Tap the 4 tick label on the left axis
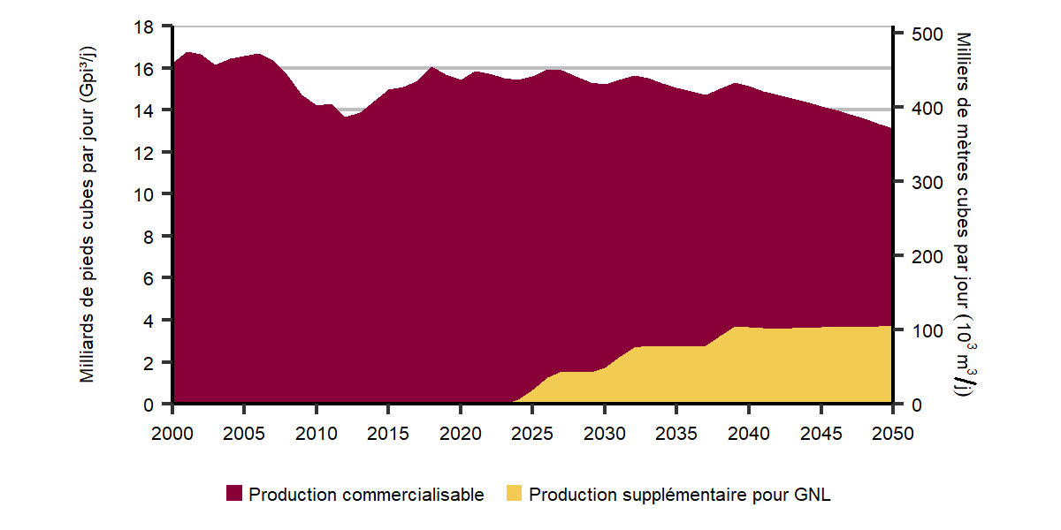[149, 321]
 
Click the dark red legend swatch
[234, 495]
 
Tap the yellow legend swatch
[514, 495]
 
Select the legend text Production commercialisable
[366, 495]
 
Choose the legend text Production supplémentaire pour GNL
[679, 495]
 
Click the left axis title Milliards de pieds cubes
[88, 216]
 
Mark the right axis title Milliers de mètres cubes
[965, 216]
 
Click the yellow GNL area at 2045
[821, 367]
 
